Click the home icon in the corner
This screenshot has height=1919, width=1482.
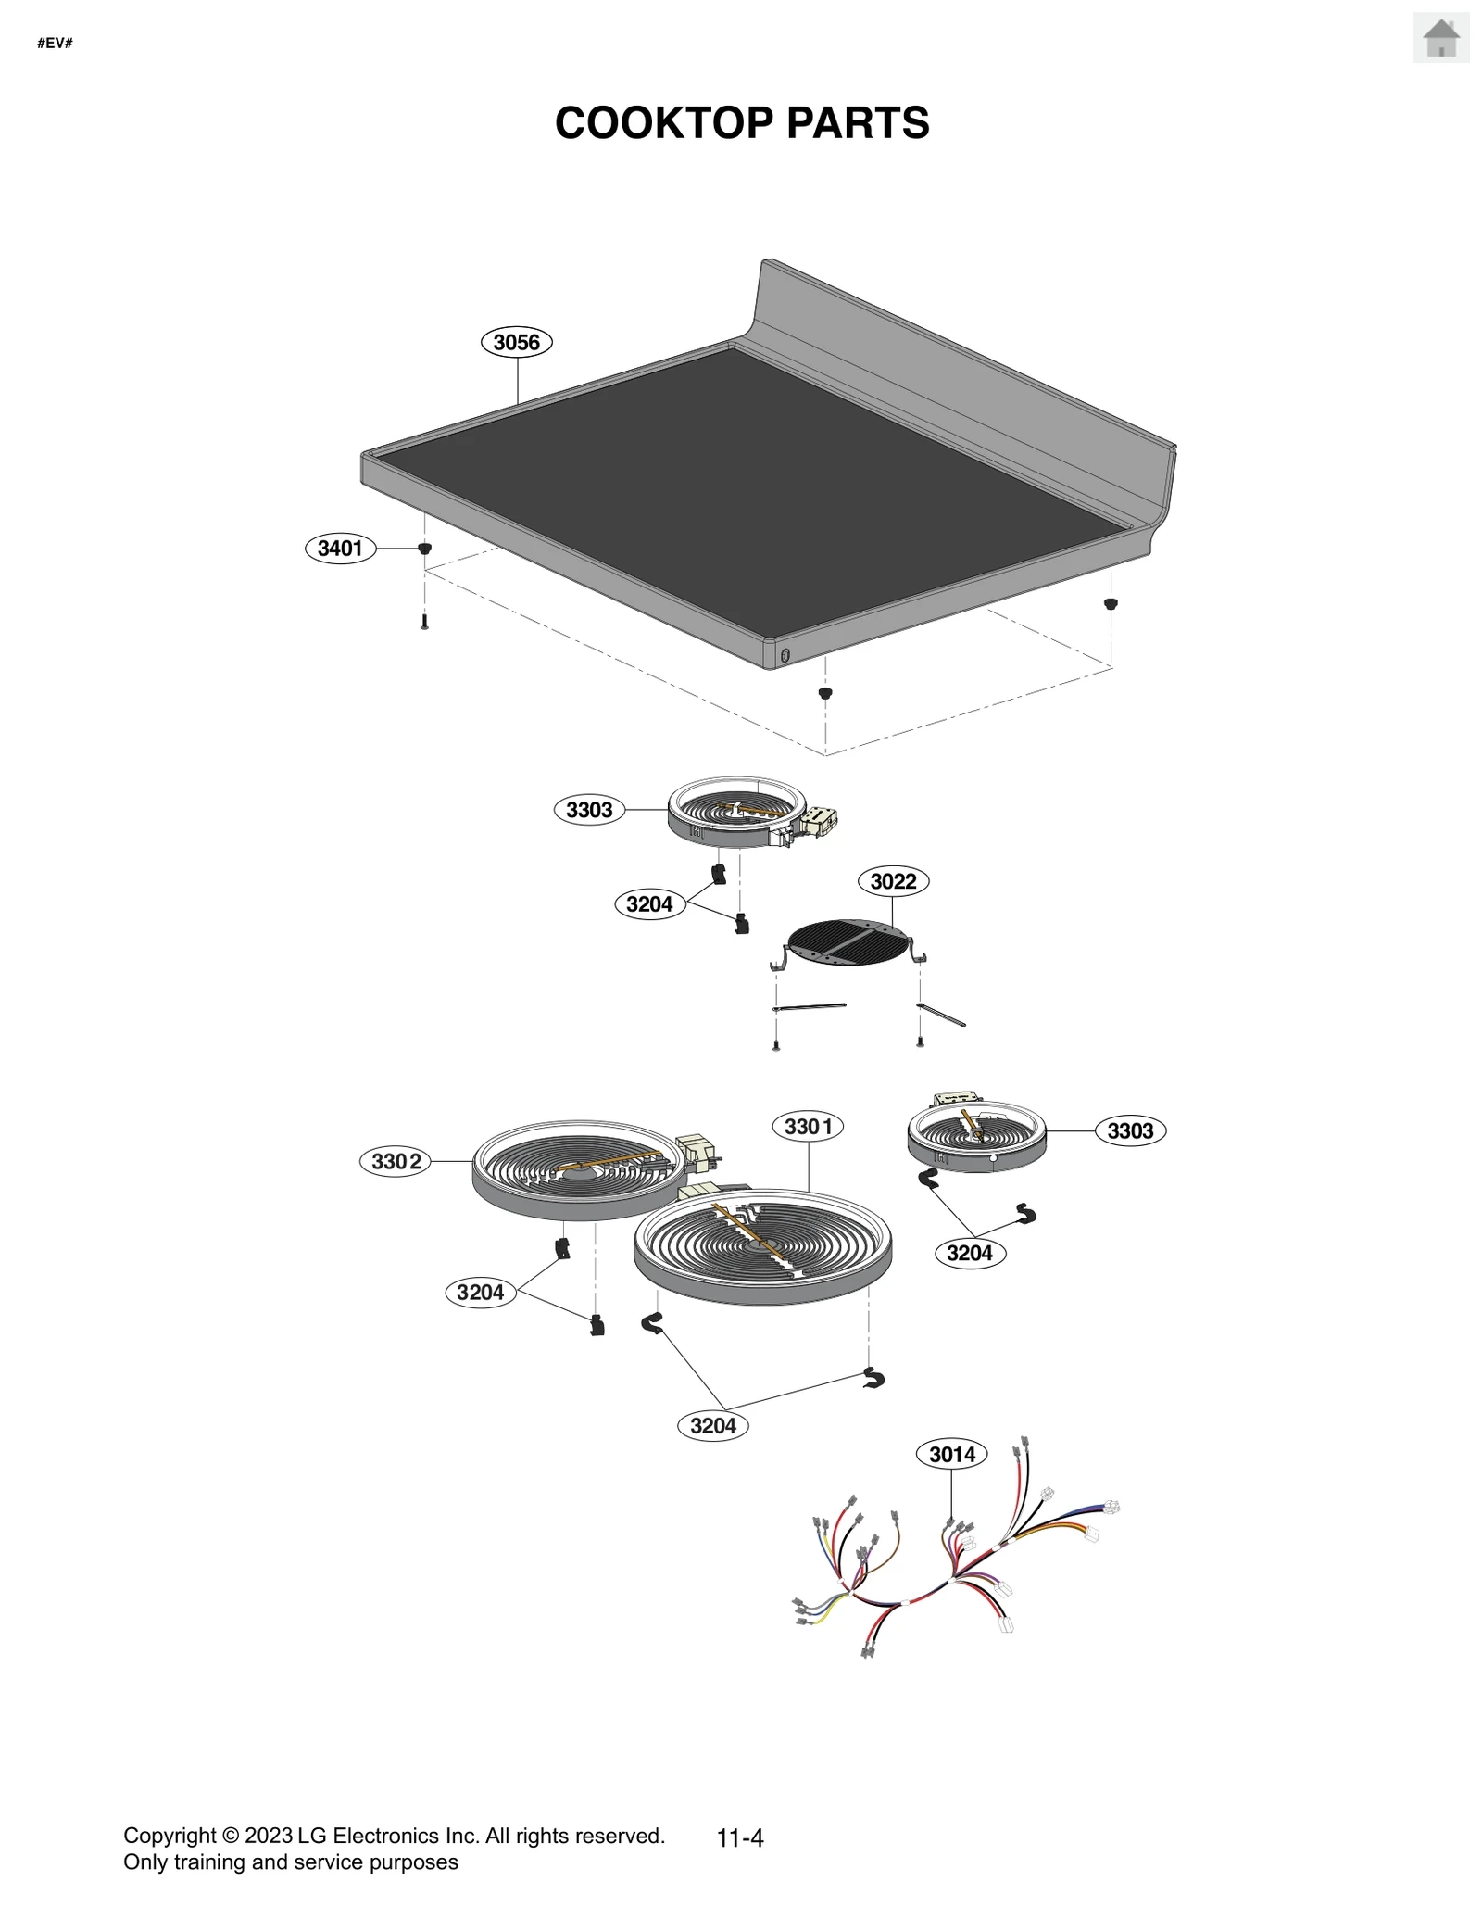pyautogui.click(x=1440, y=39)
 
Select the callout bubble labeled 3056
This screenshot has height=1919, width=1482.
pyautogui.click(x=516, y=342)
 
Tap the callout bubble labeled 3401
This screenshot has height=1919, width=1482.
pyautogui.click(x=340, y=548)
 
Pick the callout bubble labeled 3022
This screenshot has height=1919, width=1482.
pyautogui.click(x=893, y=881)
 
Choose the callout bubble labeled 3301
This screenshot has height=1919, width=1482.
pyautogui.click(x=808, y=1127)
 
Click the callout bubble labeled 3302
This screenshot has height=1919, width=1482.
pyautogui.click(x=396, y=1161)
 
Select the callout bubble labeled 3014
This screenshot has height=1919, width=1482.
pyautogui.click(x=951, y=1454)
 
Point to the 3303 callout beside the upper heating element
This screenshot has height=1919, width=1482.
pyautogui.click(x=589, y=810)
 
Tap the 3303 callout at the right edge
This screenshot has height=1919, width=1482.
pyautogui.click(x=1130, y=1130)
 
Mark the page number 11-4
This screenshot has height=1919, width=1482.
pyautogui.click(x=740, y=1838)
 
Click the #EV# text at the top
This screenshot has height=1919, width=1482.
pyautogui.click(x=55, y=44)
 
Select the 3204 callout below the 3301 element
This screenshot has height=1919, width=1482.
pyautogui.click(x=712, y=1425)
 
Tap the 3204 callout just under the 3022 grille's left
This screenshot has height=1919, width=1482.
pyautogui.click(x=649, y=903)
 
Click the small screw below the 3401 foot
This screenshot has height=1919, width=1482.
pyautogui.click(x=424, y=622)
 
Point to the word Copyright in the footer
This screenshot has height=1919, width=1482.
pyautogui.click(x=170, y=1836)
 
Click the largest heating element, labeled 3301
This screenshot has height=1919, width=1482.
pyautogui.click(x=762, y=1246)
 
